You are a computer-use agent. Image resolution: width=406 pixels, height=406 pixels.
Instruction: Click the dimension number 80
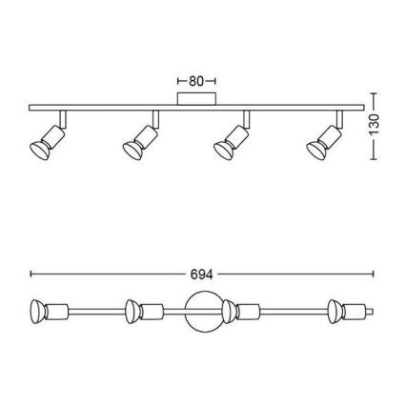196,81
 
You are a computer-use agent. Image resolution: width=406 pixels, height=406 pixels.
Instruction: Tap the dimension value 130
375,125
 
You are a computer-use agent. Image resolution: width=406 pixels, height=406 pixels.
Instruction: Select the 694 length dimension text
201,274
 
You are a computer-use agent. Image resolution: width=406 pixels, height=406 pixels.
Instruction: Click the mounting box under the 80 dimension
196,98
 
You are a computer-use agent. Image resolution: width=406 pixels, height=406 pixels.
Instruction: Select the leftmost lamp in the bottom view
49,312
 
